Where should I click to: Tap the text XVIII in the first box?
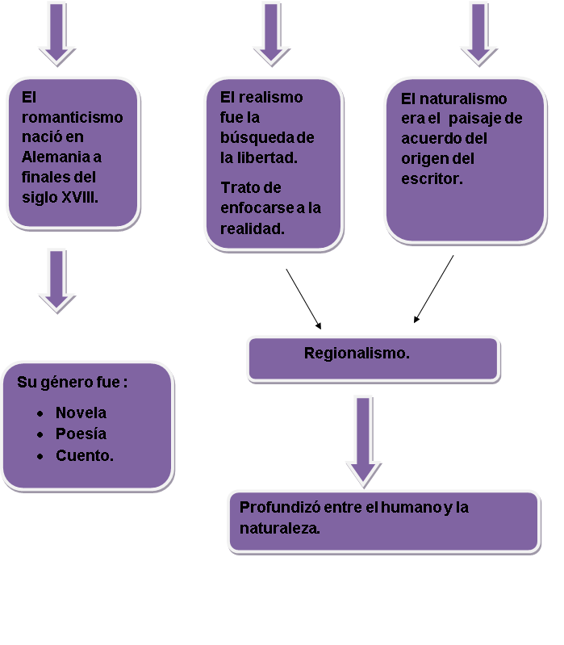[80, 196]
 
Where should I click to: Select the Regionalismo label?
[357, 353]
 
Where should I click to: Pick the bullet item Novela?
[81, 413]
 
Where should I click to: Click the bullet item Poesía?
[81, 433]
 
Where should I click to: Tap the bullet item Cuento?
[84, 455]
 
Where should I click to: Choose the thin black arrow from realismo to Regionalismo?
[303, 299]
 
